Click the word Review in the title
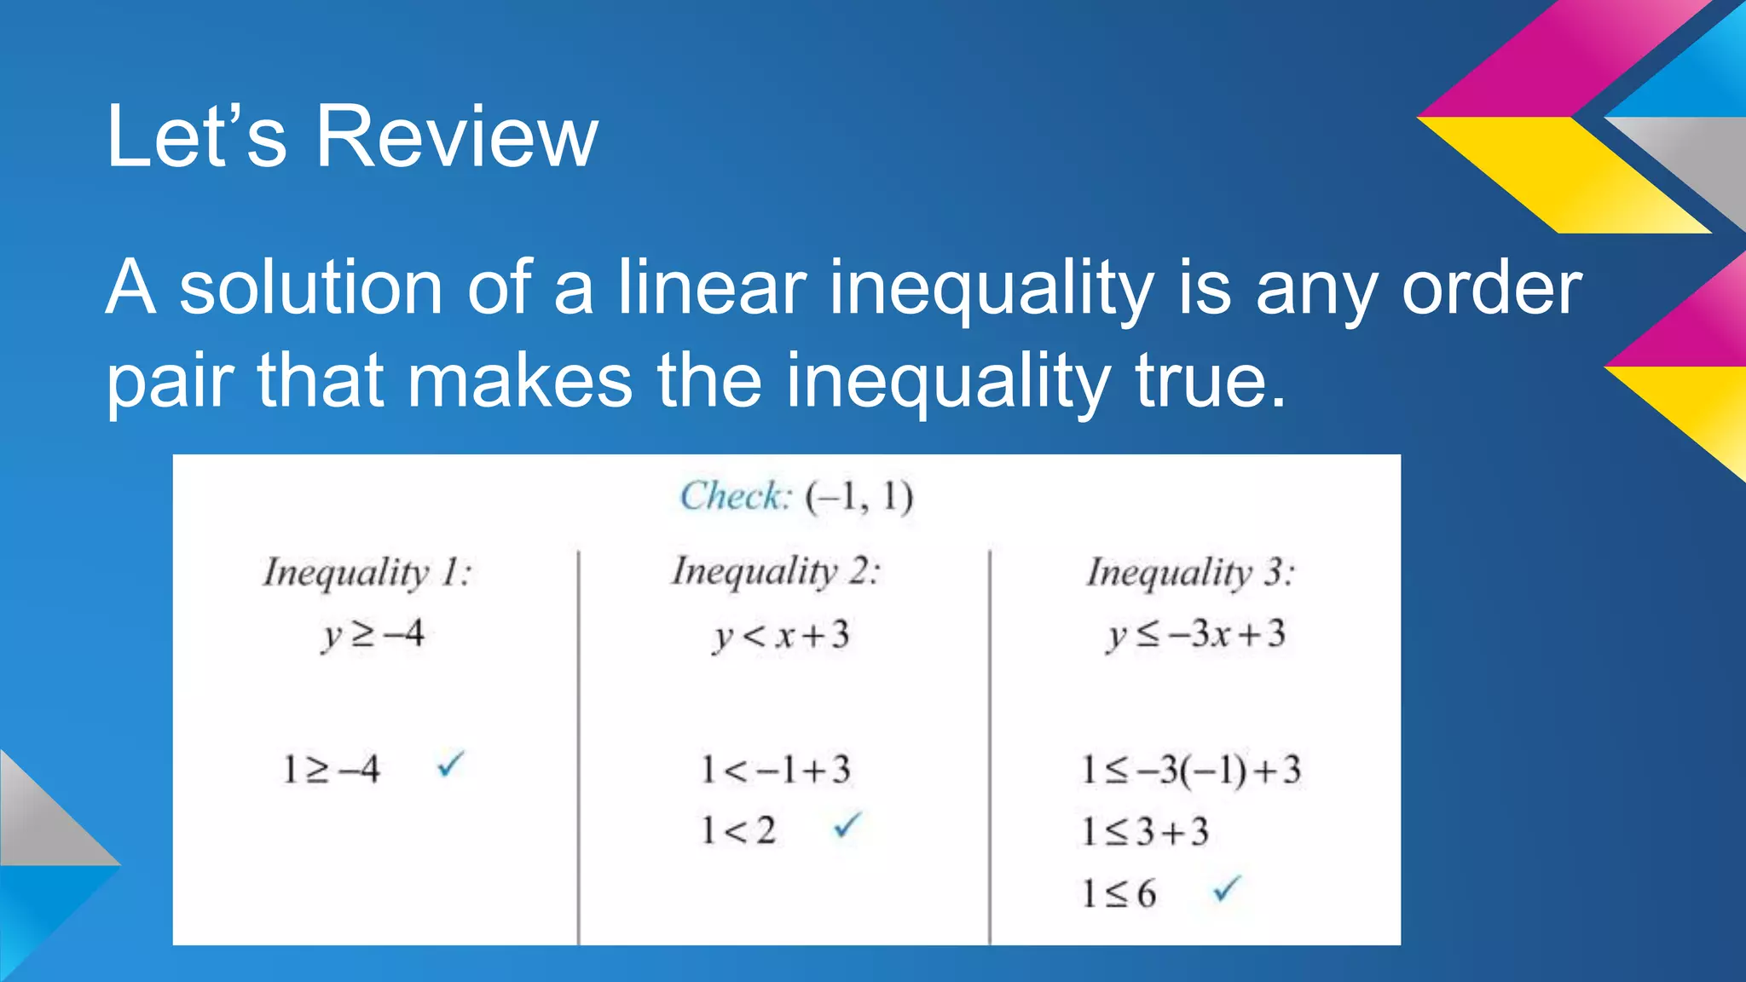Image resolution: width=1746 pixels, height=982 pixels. pyautogui.click(x=457, y=136)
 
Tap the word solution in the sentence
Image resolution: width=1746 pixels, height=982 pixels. pyautogui.click(x=310, y=288)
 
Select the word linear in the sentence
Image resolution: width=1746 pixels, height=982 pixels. pyautogui.click(x=710, y=288)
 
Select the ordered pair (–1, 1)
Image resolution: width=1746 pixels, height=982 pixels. pyautogui.click(x=859, y=496)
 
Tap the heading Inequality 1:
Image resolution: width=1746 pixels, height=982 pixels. pyautogui.click(x=367, y=572)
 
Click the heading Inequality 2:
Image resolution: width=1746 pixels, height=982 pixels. pyautogui.click(x=775, y=571)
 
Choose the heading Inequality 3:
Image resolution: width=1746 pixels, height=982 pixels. pyautogui.click(x=1190, y=572)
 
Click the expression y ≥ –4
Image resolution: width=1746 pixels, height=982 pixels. pyautogui.click(x=373, y=634)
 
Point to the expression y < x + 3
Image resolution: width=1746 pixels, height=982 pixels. pyautogui.click(x=781, y=635)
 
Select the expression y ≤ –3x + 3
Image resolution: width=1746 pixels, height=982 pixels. pyautogui.click(x=1195, y=634)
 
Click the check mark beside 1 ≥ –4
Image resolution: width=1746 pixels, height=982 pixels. pyautogui.click(x=450, y=764)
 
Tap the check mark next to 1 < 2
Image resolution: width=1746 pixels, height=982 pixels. pyautogui.click(x=847, y=824)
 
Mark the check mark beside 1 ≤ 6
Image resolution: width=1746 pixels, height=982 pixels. pyautogui.click(x=1226, y=889)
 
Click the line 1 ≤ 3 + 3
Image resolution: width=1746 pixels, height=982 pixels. pyautogui.click(x=1145, y=831)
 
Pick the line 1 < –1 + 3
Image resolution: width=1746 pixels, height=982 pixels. pyautogui.click(x=775, y=770)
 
